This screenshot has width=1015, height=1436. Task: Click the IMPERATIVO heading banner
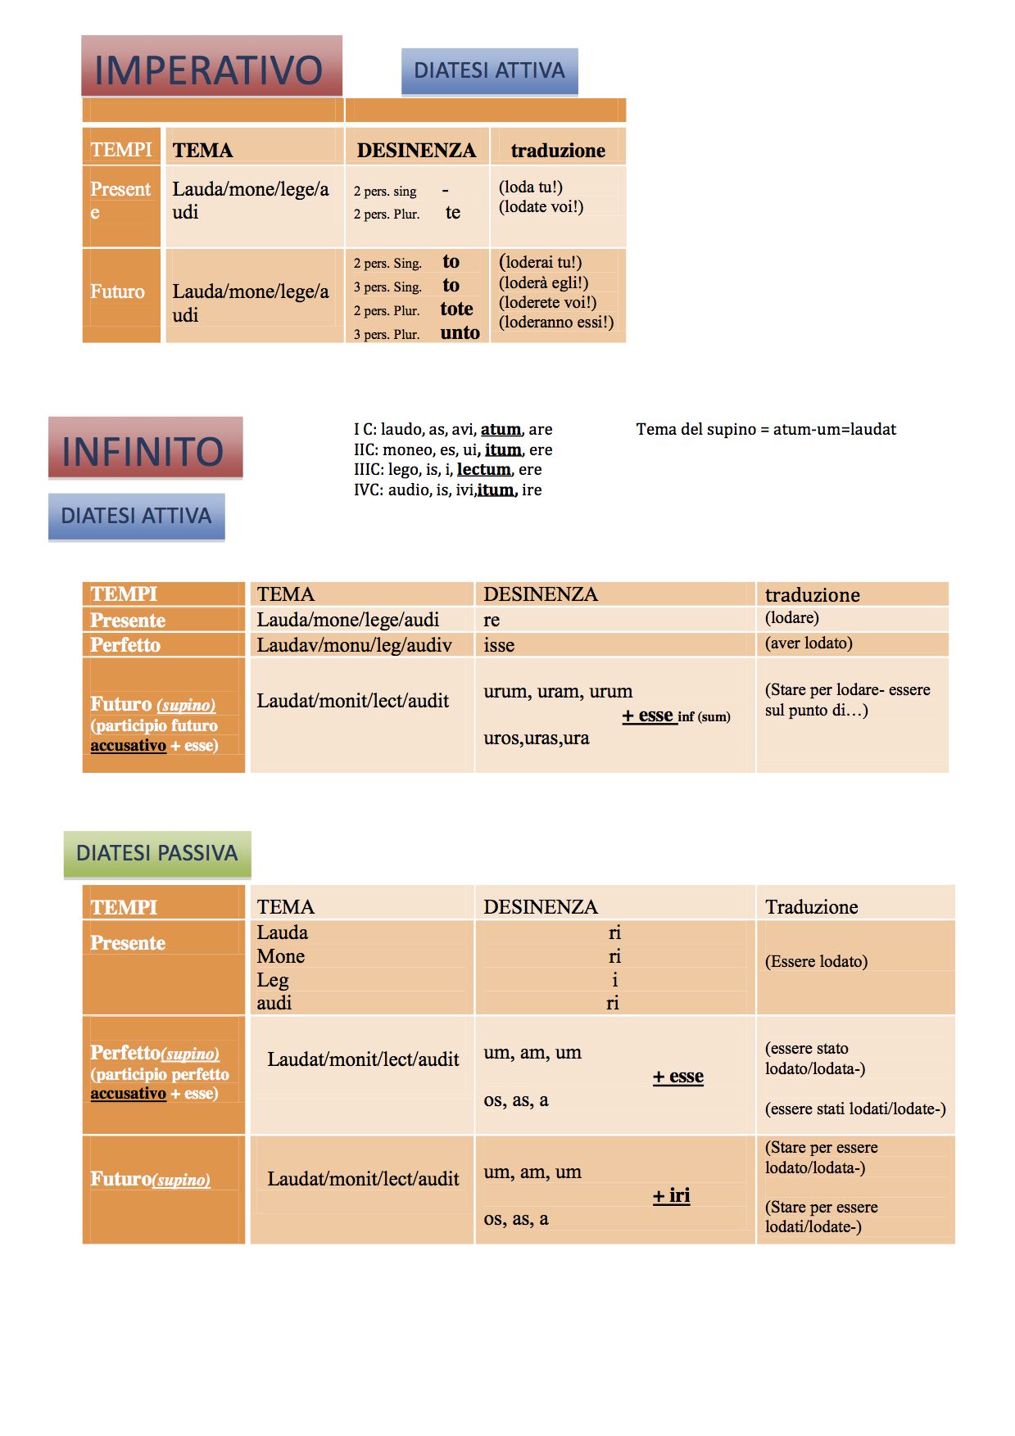tap(211, 68)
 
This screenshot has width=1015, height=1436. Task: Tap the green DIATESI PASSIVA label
tap(156, 853)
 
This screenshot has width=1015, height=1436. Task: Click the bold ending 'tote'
tap(456, 309)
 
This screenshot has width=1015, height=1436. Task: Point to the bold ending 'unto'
tap(460, 332)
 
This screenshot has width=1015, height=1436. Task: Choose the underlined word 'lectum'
tap(483, 469)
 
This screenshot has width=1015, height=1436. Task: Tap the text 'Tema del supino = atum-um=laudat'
tap(765, 429)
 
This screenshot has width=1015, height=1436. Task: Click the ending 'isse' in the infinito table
tap(499, 645)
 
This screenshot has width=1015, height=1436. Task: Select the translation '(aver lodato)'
tap(808, 643)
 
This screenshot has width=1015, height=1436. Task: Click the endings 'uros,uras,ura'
tap(536, 738)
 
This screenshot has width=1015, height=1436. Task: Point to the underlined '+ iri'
tap(671, 1195)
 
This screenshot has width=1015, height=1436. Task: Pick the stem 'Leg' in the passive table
tap(273, 980)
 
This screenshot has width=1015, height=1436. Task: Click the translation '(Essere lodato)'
tap(815, 961)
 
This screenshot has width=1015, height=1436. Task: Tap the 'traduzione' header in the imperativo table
tap(558, 151)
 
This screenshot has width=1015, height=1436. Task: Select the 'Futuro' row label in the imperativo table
tap(117, 291)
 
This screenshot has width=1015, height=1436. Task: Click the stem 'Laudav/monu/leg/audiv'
tap(354, 645)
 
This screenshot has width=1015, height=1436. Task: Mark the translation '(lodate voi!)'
tap(541, 207)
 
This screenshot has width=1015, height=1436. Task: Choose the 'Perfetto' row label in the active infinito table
tap(125, 645)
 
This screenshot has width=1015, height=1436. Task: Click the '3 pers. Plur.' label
tap(387, 334)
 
